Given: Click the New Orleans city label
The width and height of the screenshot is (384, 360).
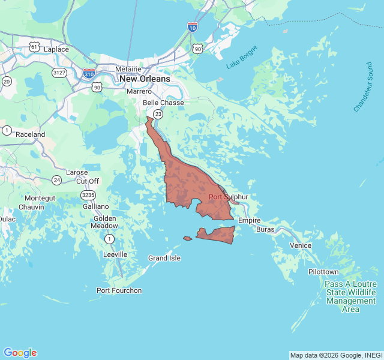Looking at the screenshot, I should [x=144, y=79].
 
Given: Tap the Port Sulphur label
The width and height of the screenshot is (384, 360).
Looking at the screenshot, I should [x=228, y=197].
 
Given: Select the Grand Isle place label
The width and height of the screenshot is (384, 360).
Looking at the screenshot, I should [x=164, y=258].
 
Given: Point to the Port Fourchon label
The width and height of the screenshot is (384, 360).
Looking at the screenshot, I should [x=119, y=290].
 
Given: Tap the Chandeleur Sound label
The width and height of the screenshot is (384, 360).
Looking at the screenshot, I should [x=364, y=86].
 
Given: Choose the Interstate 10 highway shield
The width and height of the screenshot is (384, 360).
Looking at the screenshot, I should [x=192, y=27].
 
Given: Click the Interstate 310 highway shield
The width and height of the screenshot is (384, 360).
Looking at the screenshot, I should [x=89, y=73].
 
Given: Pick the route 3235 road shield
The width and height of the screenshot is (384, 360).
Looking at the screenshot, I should [x=88, y=194].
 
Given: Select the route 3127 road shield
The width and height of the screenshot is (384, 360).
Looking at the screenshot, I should [x=59, y=73].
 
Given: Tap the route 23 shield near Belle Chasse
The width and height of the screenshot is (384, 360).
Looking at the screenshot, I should [x=158, y=113].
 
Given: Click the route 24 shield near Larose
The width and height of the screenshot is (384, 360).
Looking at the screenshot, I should [x=56, y=180].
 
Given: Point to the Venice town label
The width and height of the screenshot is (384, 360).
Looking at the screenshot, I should [x=301, y=245].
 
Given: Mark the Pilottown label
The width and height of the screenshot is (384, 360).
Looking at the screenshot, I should [x=323, y=272].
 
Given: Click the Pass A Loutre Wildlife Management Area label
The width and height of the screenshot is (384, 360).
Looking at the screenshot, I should [x=351, y=296].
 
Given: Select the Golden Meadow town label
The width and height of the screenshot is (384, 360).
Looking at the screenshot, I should [x=105, y=222].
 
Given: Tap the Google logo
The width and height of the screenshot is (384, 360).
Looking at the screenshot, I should [x=20, y=353].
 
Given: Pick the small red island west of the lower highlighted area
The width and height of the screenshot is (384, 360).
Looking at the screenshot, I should [x=188, y=239].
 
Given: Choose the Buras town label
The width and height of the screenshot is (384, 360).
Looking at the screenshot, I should [x=265, y=230].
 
